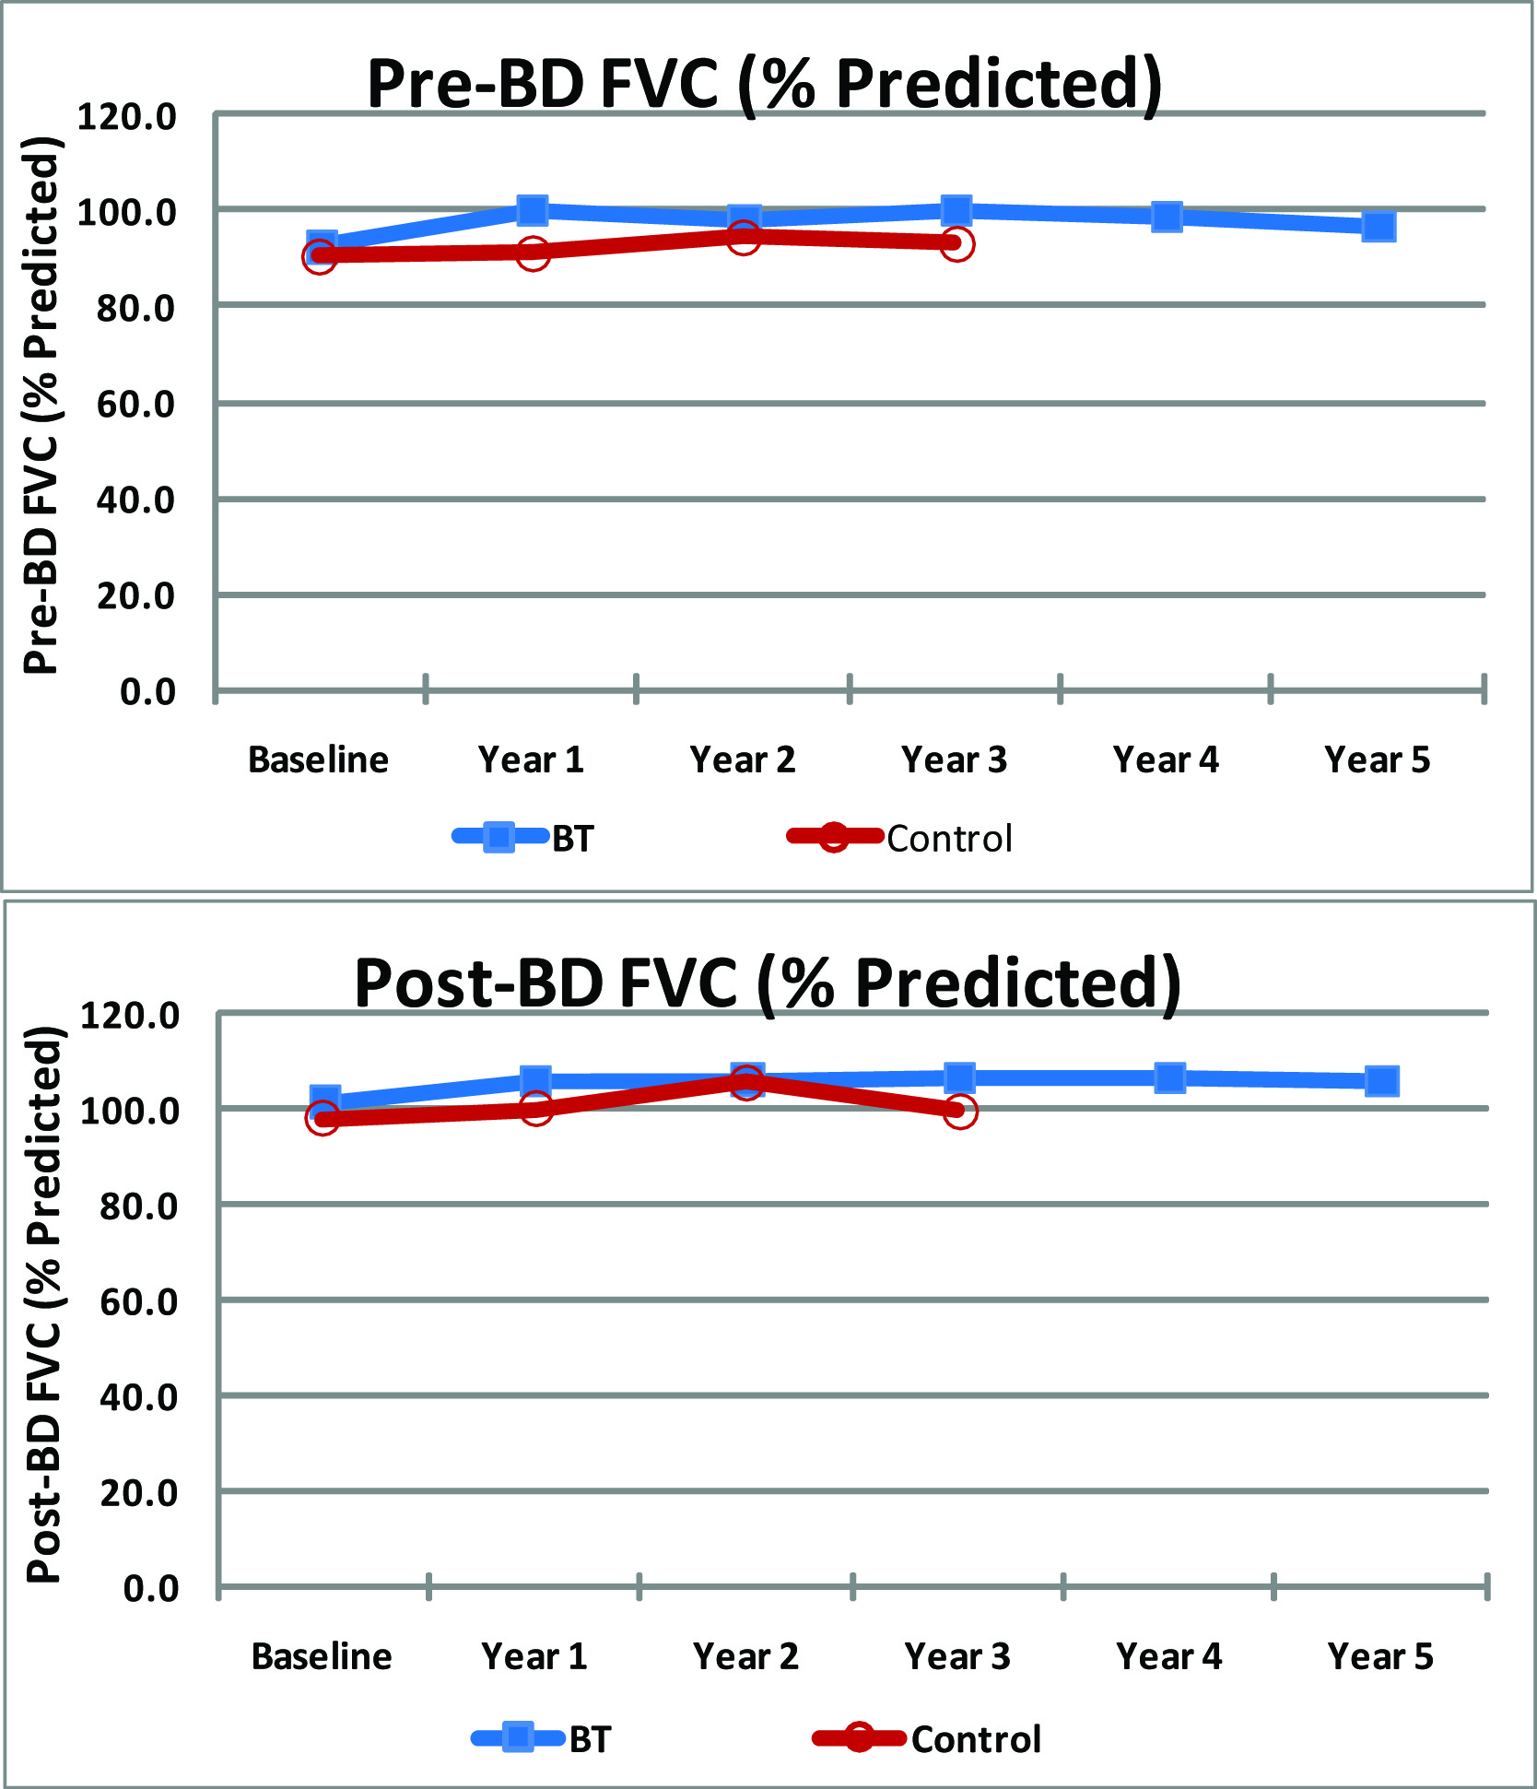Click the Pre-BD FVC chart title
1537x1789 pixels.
coord(765,85)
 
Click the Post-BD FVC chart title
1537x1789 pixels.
coord(768,983)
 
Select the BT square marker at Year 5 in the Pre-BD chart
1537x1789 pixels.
coord(1379,226)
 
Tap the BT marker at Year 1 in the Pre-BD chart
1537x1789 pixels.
coord(532,210)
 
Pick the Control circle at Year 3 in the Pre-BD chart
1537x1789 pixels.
coord(956,244)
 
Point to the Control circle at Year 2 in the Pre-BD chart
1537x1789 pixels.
coord(743,237)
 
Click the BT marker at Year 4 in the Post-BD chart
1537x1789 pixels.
coord(1169,1077)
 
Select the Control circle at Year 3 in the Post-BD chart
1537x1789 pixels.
coord(959,1112)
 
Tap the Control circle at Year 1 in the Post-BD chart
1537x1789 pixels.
coord(535,1109)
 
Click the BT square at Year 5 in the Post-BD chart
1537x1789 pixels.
coord(1381,1081)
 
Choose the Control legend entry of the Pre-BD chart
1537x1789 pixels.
coord(899,838)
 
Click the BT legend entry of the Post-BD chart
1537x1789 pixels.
coord(541,1738)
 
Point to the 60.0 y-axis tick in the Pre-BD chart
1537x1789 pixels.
coord(135,405)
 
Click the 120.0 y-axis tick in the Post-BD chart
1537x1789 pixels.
coord(130,1016)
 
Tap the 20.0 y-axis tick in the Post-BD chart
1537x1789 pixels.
coord(139,1493)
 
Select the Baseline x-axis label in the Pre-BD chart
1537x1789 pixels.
coord(319,760)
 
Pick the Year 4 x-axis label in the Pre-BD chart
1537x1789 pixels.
coord(1166,760)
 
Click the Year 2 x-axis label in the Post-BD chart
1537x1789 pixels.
coord(745,1657)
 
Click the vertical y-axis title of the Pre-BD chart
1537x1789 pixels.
coord(41,406)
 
